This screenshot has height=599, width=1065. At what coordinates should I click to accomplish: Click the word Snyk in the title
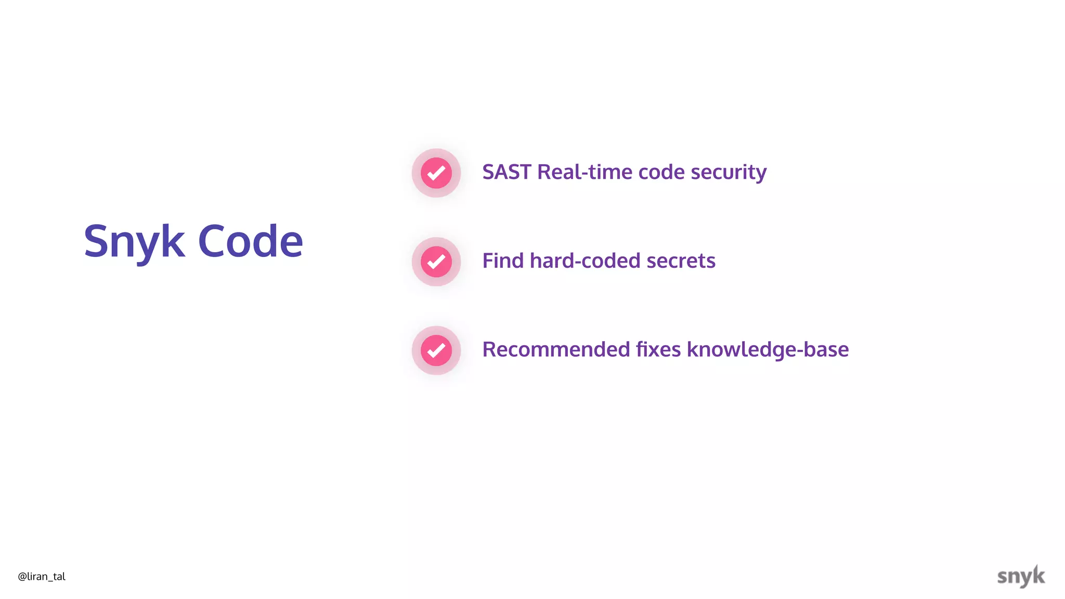(x=134, y=242)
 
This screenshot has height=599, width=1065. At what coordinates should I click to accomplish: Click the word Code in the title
(x=250, y=242)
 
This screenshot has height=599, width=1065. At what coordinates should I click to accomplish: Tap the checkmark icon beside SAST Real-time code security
(x=436, y=173)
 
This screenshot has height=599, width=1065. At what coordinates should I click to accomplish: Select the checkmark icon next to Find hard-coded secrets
(x=436, y=262)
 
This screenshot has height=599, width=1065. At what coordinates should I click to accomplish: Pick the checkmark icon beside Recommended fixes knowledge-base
(x=436, y=350)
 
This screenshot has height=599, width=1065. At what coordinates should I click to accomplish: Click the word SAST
(x=506, y=172)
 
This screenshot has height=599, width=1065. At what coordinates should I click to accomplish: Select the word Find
(x=503, y=261)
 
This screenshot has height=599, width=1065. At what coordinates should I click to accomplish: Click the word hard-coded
(x=585, y=261)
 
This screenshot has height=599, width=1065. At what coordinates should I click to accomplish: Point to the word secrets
(x=681, y=261)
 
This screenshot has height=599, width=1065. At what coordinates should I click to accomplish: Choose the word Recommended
(x=556, y=349)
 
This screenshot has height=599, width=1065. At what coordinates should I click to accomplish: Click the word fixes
(x=658, y=349)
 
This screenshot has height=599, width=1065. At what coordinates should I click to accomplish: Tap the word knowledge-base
(x=768, y=350)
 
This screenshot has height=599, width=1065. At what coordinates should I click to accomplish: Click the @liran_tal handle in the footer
(x=42, y=577)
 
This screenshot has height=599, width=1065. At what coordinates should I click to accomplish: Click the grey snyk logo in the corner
(x=1021, y=576)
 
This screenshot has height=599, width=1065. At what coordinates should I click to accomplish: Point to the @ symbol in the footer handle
(x=22, y=577)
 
